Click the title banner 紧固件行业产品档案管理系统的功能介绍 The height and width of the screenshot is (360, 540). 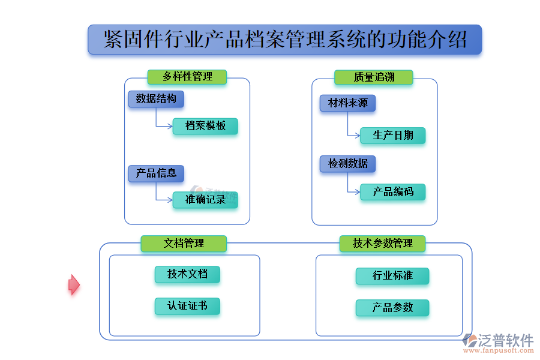[284, 40]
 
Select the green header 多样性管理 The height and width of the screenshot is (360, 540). [187, 77]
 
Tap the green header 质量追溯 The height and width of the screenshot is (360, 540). [374, 77]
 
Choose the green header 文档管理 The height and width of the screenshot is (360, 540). [184, 243]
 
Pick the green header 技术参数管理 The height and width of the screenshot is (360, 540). [383, 243]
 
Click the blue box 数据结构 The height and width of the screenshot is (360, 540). [156, 99]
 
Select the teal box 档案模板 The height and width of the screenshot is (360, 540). [205, 126]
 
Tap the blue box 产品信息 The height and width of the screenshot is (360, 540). [156, 173]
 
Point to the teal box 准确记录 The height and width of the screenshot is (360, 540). [205, 200]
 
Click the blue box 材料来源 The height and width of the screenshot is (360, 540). [348, 103]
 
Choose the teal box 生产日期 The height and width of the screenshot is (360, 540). [393, 135]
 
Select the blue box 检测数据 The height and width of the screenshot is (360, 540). [348, 163]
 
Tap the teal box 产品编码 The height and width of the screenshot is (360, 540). [393, 192]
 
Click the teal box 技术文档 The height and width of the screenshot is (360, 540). [187, 274]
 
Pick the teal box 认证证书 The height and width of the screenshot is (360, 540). [187, 306]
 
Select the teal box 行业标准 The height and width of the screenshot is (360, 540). [392, 276]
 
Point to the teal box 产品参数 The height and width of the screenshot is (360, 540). [392, 308]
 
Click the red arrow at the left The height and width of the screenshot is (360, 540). [73, 285]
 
